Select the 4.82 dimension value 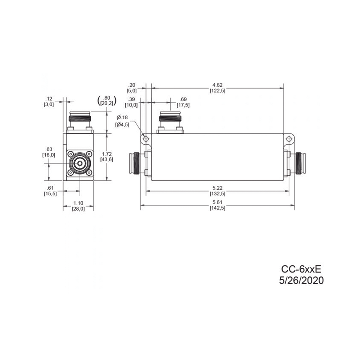[217, 85]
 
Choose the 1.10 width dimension [78, 203]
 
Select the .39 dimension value [132, 99]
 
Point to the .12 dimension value [49, 99]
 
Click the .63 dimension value [49, 149]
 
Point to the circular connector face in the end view [78, 164]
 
